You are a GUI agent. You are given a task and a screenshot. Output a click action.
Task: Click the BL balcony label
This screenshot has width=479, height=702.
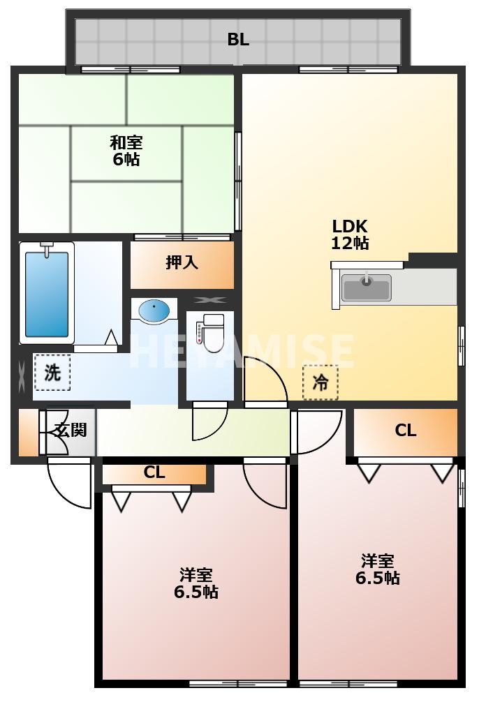pos(238,39)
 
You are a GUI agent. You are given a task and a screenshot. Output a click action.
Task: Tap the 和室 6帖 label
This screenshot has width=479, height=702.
pos(126,151)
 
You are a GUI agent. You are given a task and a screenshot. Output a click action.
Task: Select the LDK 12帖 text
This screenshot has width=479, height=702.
pos(350,234)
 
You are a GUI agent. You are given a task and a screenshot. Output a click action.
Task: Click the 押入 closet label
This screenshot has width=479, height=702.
pos(182,262)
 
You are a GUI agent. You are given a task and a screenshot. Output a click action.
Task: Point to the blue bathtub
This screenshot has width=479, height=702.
pos(47,294)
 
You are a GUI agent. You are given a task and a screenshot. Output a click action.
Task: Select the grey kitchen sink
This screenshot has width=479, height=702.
pos(367,287)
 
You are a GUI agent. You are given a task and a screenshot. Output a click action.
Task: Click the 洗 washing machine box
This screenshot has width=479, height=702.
pos(52,372)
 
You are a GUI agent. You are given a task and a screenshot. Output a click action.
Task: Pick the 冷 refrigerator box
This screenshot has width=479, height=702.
pos(320,382)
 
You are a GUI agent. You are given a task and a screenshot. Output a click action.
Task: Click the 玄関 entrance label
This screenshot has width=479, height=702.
pos(71,430)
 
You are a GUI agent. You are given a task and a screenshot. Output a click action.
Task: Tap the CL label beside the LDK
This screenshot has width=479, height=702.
pos(406,431)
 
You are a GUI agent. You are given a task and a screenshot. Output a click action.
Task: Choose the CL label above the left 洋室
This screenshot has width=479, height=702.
pos(154,472)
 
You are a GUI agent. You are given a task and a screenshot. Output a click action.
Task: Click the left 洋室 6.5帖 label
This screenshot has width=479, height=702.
pos(196,583)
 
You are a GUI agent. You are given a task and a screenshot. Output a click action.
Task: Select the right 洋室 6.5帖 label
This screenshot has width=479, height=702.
pos(377,569)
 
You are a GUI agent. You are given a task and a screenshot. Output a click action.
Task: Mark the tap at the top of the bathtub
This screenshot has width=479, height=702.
pos(47,248)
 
